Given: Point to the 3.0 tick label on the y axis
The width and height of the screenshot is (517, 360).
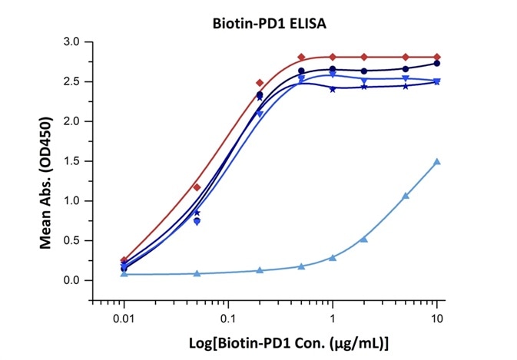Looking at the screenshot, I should click(73, 41).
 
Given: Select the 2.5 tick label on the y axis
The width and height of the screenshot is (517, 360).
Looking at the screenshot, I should click(73, 81).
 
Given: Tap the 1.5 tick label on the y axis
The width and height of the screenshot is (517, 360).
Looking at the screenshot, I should click(73, 161).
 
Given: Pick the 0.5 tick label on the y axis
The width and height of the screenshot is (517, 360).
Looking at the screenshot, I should click(73, 240).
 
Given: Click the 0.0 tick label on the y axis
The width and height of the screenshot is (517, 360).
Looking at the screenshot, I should click(73, 280).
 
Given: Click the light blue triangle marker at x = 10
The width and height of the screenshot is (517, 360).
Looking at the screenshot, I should click(437, 161).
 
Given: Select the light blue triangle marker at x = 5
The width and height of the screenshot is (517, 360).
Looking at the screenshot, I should click(406, 196).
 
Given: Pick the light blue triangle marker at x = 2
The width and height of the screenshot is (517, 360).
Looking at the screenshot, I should click(364, 239).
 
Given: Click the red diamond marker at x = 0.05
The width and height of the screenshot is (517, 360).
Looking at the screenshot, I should click(197, 187).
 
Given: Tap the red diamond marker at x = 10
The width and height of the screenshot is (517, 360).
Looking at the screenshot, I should click(437, 57).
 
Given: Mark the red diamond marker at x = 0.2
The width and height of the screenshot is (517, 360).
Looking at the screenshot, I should click(260, 83).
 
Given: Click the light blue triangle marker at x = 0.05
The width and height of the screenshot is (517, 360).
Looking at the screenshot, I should click(197, 273).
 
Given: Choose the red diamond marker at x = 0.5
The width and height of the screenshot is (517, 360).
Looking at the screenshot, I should click(301, 57).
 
